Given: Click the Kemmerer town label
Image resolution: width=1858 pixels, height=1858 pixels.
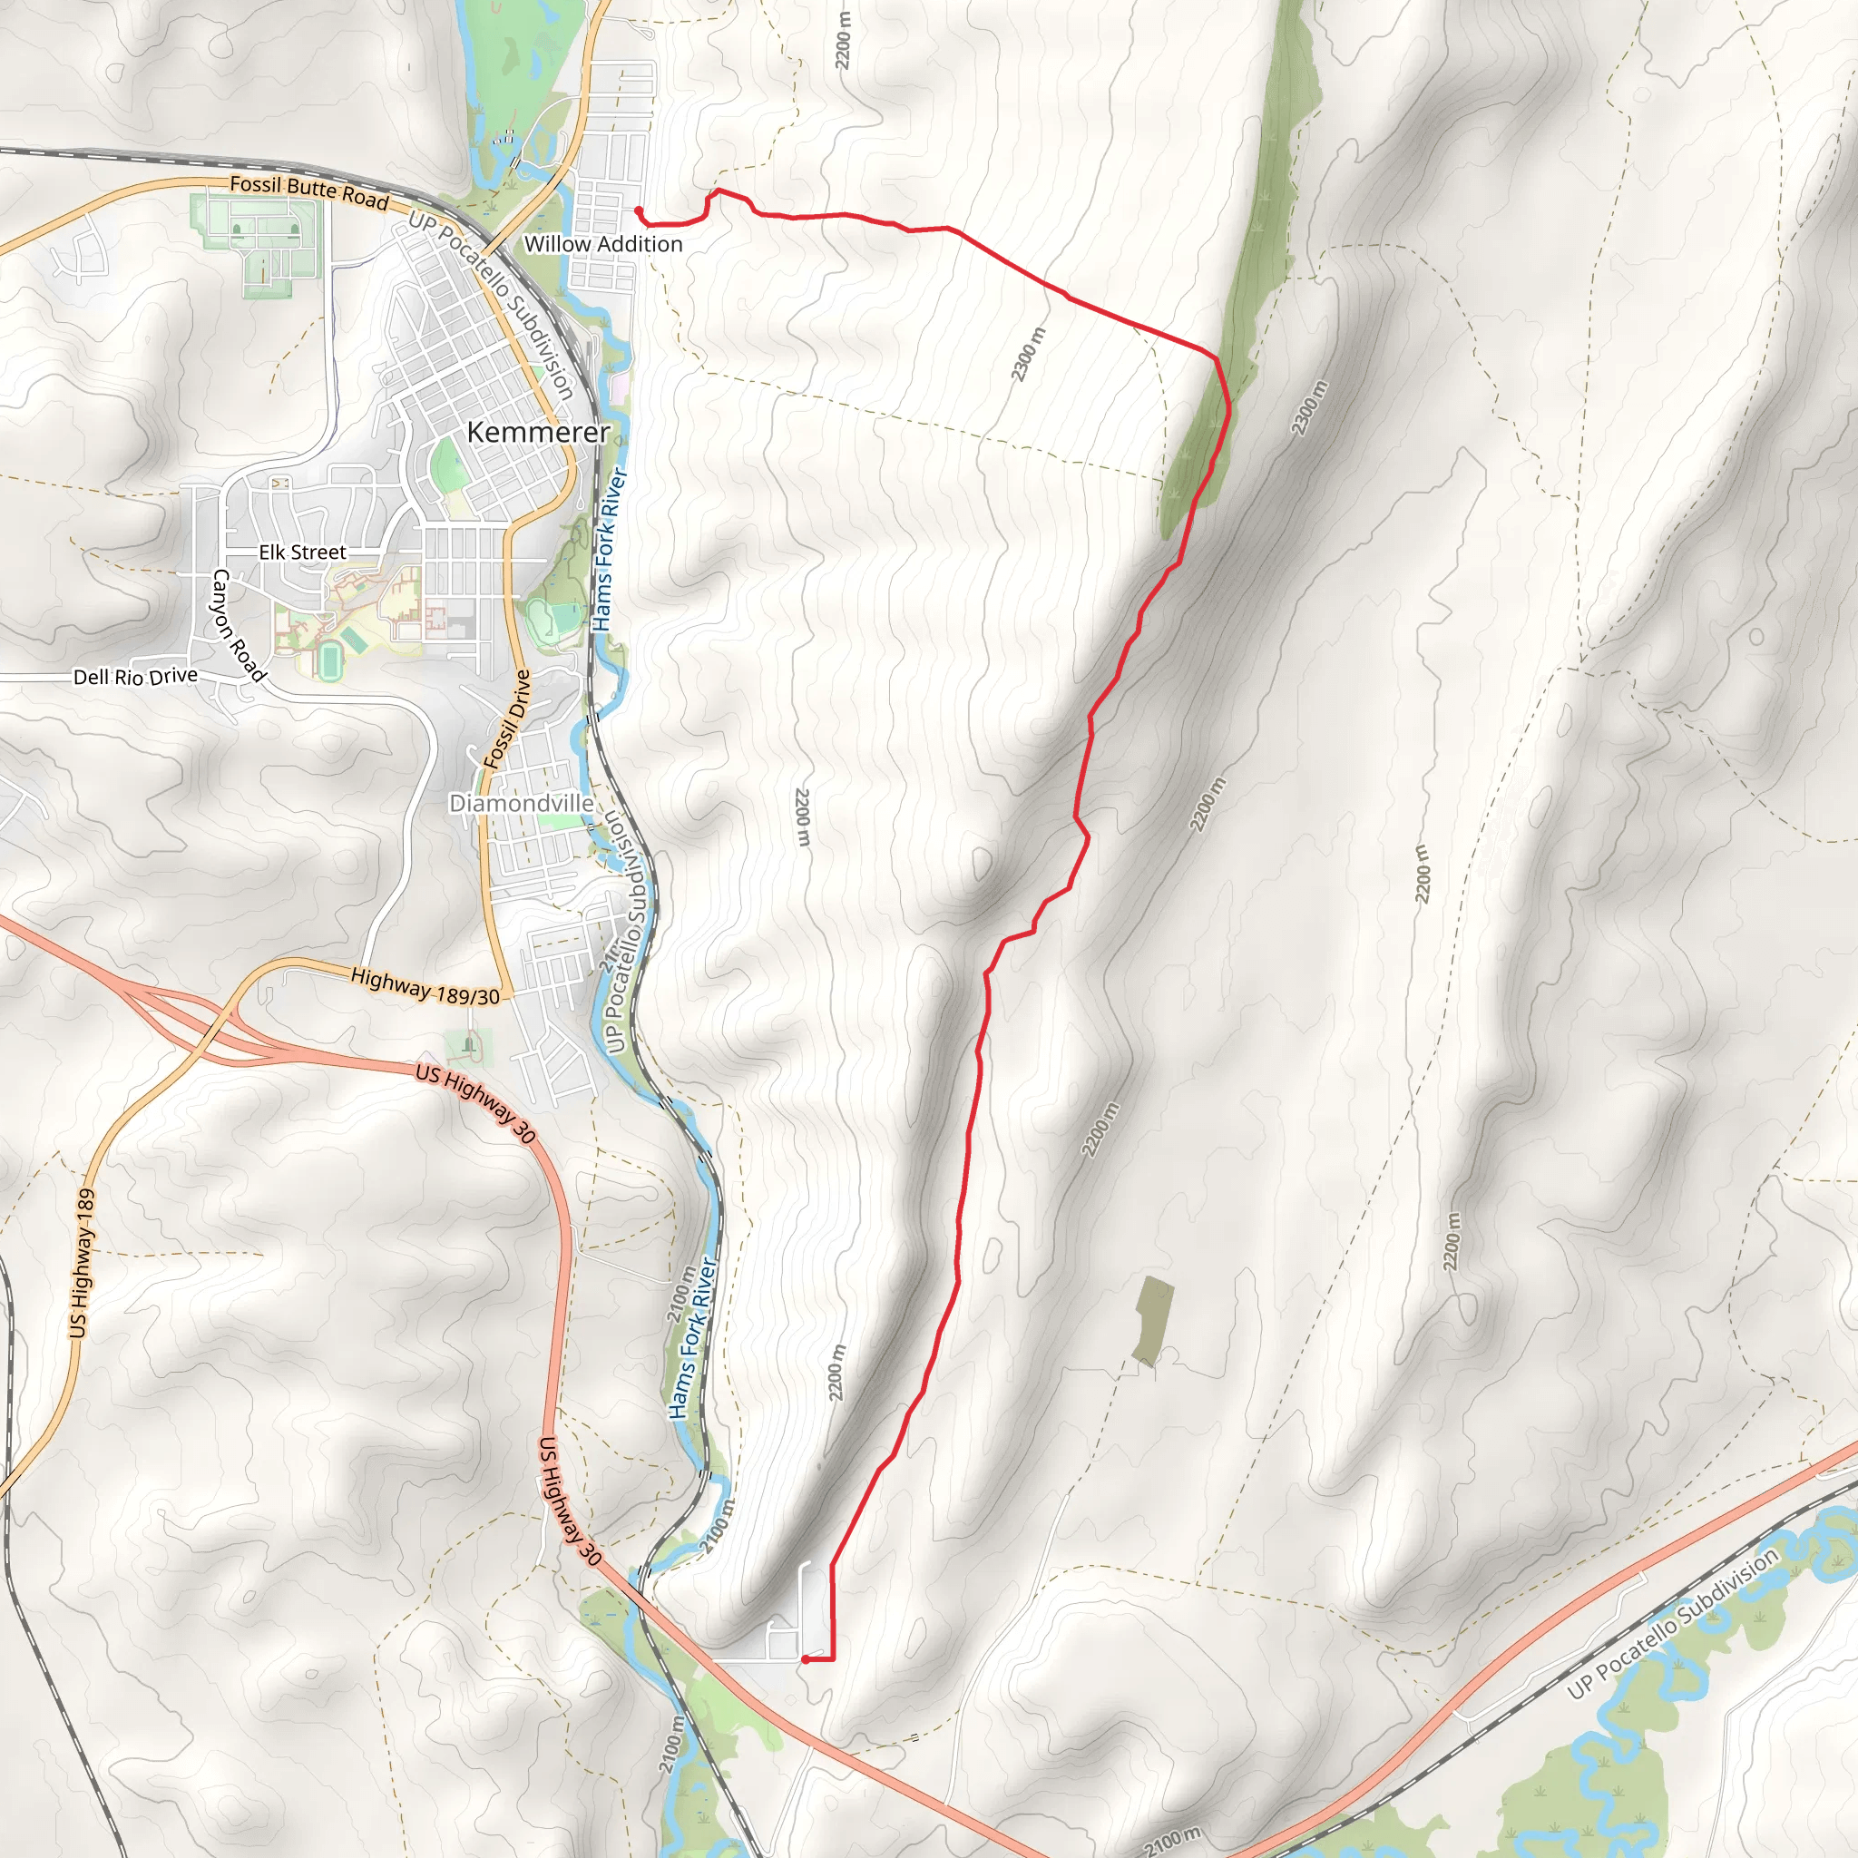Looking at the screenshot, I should tap(538, 432).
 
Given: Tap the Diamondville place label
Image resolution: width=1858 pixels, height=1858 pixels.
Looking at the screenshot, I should tap(520, 802).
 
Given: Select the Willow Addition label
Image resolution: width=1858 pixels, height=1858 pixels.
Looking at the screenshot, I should tap(603, 244).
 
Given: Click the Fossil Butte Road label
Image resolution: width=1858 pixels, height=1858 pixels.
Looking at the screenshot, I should tap(308, 191).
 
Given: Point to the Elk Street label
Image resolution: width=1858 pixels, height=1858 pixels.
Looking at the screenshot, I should tap(302, 552).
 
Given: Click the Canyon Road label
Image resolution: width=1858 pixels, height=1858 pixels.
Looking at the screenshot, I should tap(238, 625).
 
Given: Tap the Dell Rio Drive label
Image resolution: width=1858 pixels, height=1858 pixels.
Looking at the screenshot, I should tap(135, 676).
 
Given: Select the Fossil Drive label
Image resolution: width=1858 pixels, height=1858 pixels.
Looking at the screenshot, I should tap(507, 719).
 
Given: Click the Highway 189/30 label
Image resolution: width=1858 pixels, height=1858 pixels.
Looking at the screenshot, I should tap(425, 987).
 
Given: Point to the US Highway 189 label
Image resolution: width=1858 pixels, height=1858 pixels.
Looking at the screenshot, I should tap(82, 1262).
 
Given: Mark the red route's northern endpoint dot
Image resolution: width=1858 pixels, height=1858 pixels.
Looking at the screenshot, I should tap(639, 210).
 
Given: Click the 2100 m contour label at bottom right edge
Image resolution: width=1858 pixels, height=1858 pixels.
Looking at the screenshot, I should tap(1173, 1839).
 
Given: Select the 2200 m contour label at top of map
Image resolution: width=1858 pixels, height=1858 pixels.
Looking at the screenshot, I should tap(844, 41).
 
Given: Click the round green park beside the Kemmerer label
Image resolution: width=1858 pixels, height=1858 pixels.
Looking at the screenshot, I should tap(446, 465).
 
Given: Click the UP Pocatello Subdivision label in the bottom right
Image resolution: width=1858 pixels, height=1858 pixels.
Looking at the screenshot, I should tap(1672, 1624).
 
